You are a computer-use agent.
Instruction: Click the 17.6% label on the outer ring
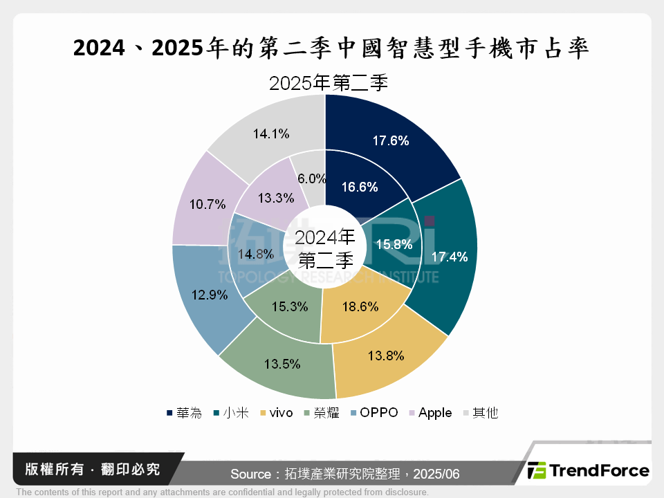(391, 141)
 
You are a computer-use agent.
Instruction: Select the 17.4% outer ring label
(450, 257)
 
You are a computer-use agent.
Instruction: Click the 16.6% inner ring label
(360, 187)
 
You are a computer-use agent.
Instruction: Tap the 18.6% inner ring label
(360, 306)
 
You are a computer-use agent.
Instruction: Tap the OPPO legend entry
(374, 413)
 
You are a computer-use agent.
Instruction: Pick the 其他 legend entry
(479, 413)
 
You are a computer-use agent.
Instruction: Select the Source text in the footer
(344, 474)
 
